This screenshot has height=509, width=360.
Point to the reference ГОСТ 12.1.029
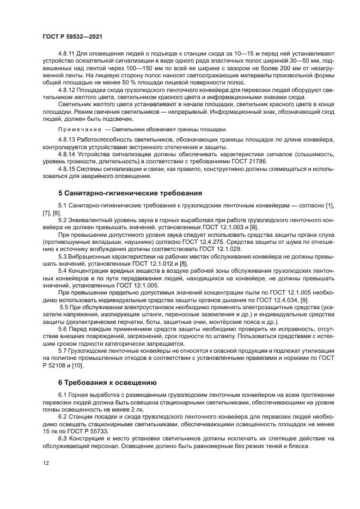(x=216, y=248)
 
